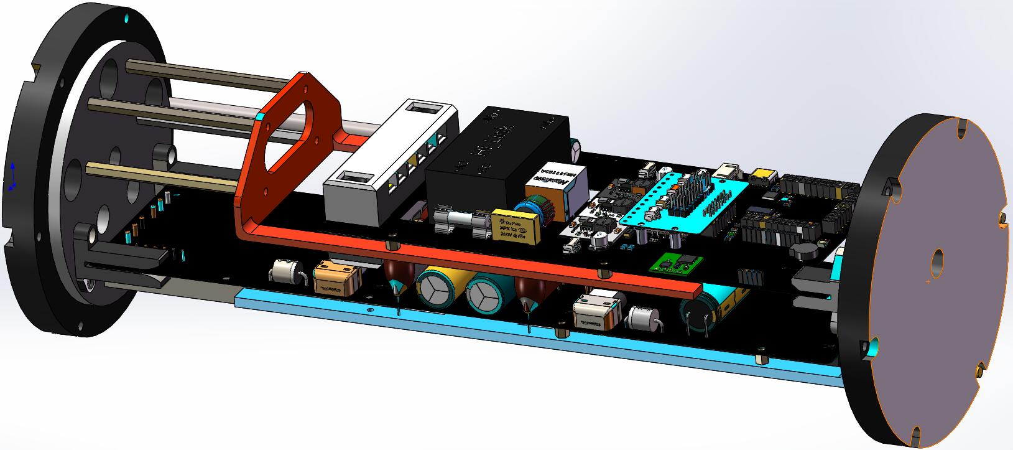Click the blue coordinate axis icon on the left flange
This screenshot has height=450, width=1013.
tap(13, 176)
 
